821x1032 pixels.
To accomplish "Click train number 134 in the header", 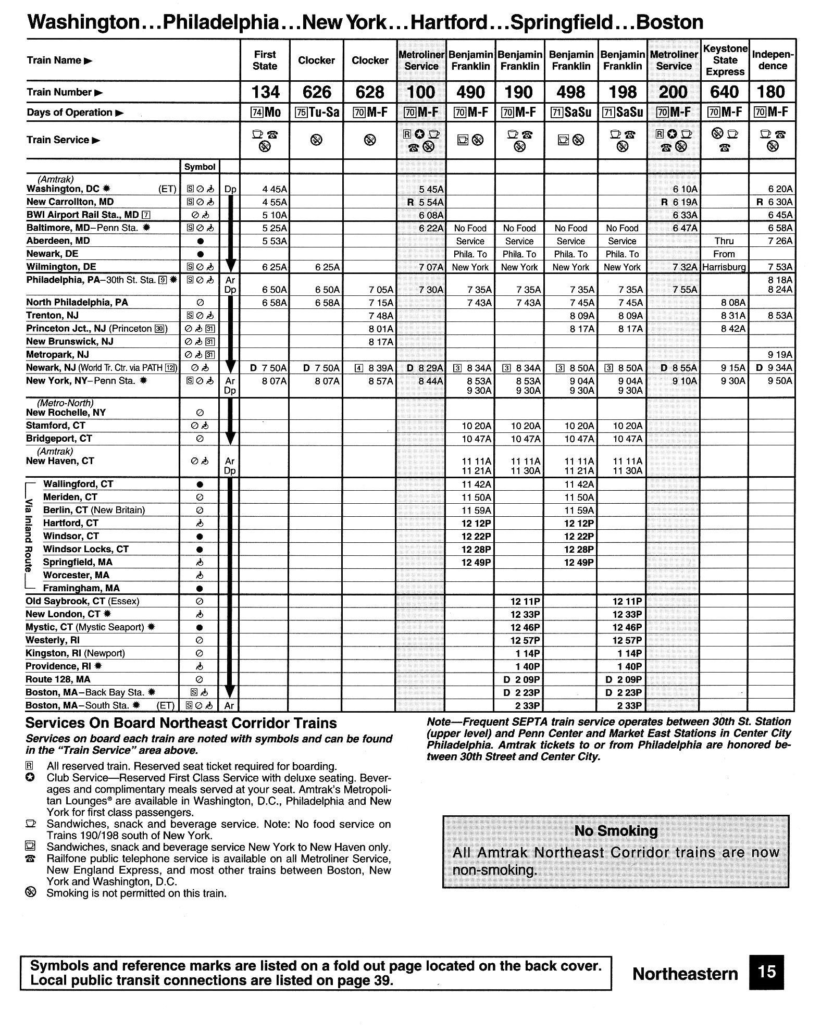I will [265, 92].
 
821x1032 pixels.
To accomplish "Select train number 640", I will [724, 92].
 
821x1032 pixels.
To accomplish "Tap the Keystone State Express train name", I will [725, 60].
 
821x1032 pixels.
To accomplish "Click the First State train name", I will [265, 60].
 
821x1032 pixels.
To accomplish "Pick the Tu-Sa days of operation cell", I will [316, 112].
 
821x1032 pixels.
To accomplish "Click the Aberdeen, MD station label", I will [58, 241].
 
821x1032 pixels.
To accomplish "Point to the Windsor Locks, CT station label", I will [85, 549].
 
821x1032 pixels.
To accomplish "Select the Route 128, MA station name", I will [58, 679].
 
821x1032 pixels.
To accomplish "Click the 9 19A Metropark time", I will [780, 355].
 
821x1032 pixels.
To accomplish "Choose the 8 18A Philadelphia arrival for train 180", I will [780, 280].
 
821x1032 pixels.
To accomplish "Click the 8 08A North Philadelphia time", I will [733, 303].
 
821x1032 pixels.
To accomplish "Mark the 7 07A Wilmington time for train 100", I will [431, 267].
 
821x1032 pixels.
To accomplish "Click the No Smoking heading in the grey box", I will [616, 831].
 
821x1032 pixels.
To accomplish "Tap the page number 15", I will [767, 973].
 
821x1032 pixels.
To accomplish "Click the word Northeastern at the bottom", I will [685, 974].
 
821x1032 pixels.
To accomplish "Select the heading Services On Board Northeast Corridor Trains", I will [181, 723].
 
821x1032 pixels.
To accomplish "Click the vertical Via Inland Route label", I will [29, 536].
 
